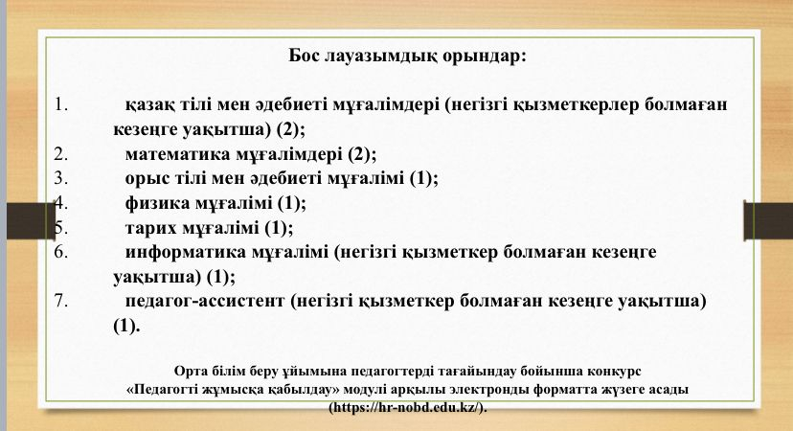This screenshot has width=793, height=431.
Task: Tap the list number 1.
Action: pyautogui.click(x=60, y=104)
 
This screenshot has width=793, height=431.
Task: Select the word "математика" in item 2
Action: pyautogui.click(x=177, y=154)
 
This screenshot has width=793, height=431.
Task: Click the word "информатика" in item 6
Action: pyautogui.click(x=185, y=252)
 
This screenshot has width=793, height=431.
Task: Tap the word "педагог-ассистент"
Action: pyautogui.click(x=205, y=302)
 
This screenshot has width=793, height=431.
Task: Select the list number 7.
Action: pyautogui.click(x=60, y=302)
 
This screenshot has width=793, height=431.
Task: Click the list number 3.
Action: pyautogui.click(x=60, y=178)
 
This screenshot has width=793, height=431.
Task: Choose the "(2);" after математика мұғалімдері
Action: pyautogui.click(x=362, y=154)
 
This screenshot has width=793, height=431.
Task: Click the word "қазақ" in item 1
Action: pyautogui.click(x=150, y=105)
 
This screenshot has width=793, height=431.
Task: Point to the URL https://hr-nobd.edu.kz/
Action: pyautogui.click(x=407, y=408)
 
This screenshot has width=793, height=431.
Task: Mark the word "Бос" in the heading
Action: pyautogui.click(x=304, y=56)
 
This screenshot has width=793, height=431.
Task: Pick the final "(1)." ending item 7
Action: pyautogui.click(x=125, y=327)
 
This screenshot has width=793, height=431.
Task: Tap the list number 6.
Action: pyautogui.click(x=60, y=253)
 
